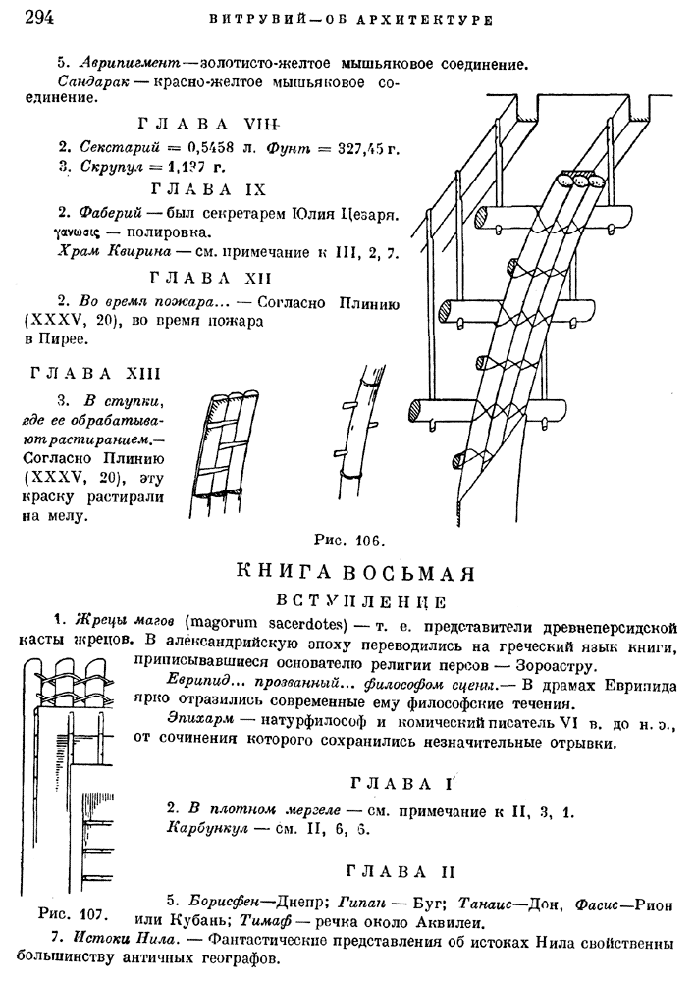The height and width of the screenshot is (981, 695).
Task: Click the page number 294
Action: tap(36, 16)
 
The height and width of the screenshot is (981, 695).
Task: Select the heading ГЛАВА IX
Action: tap(210, 188)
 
